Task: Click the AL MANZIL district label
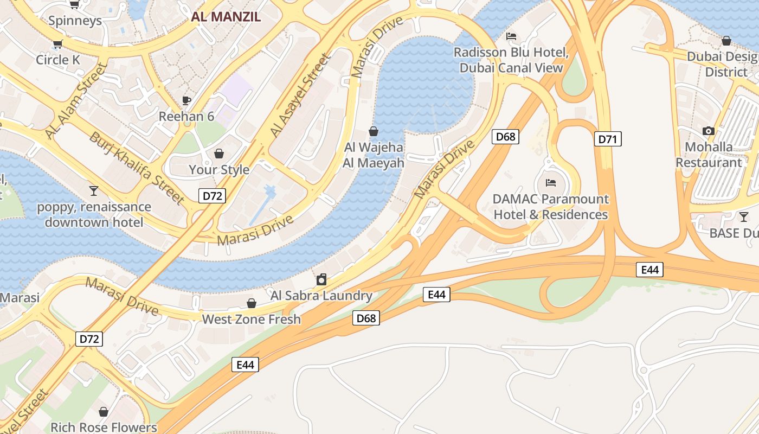coord(226,16)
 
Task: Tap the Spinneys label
coord(75,21)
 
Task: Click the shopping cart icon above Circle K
coord(57,44)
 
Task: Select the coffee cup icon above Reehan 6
coord(186,100)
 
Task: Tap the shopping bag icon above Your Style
coord(219,154)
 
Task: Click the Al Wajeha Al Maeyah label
coord(374,155)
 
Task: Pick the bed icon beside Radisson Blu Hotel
coord(511,37)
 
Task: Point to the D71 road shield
coord(608,139)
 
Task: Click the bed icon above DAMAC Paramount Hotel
coord(551,183)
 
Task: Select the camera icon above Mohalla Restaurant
coord(708,131)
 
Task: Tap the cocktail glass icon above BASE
coord(743,217)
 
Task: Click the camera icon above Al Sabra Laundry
coord(321,280)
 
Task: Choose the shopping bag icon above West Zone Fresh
coord(251,303)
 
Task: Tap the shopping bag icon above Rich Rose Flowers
coord(104,412)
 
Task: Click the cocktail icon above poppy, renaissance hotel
coord(94,191)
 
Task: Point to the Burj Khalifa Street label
coord(137,168)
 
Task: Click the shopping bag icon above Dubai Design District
coord(726,41)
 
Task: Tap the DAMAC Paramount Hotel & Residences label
coord(550,207)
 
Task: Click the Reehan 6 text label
coord(186,117)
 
